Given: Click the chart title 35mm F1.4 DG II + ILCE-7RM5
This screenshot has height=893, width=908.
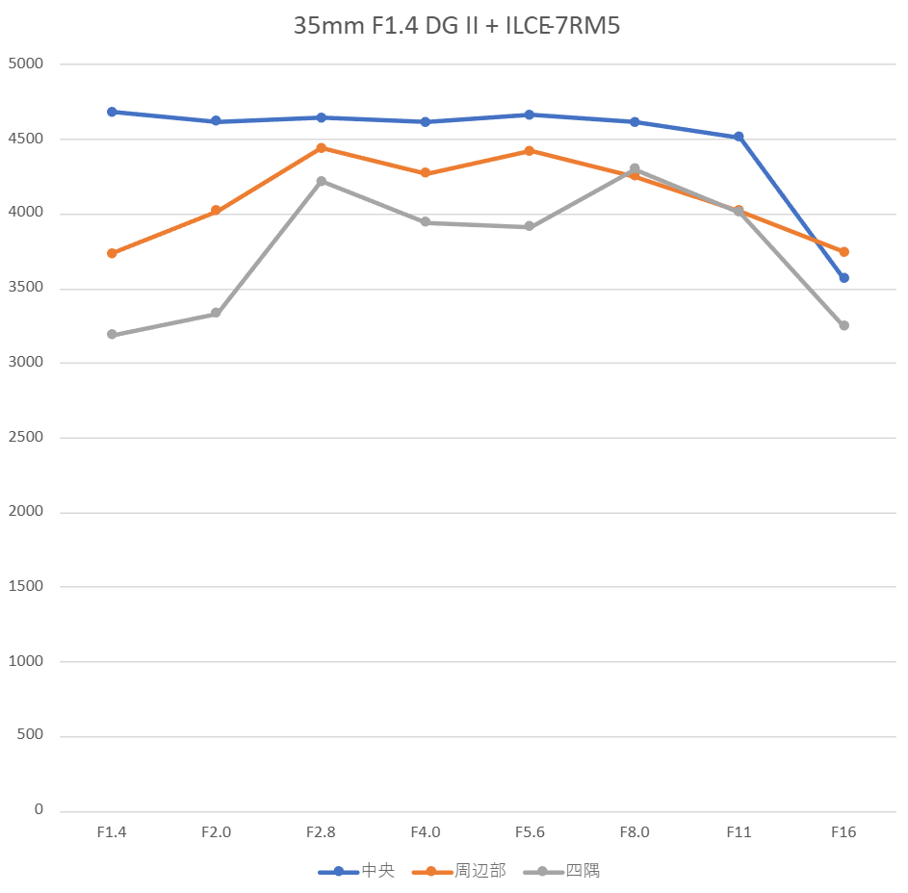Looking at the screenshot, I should [456, 26].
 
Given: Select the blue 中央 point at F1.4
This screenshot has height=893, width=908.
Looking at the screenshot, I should [112, 112].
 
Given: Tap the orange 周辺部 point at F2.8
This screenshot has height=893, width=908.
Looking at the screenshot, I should [321, 148].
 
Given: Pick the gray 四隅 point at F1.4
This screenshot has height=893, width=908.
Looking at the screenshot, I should [112, 335].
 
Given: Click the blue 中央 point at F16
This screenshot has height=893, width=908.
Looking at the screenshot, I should [843, 278].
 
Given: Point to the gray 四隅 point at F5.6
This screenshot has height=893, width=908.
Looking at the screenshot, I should [530, 227].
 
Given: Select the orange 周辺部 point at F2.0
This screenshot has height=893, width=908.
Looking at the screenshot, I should [216, 211].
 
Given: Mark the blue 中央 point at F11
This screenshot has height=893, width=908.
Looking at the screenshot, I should [739, 137].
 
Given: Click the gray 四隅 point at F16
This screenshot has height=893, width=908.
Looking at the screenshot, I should [843, 325].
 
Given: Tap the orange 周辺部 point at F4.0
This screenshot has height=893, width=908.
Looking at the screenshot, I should [426, 173].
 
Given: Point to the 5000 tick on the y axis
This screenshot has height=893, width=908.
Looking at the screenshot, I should [26, 64].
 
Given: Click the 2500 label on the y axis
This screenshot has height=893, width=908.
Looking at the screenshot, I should [26, 438].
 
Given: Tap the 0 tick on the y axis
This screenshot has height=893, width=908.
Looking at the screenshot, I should [39, 810].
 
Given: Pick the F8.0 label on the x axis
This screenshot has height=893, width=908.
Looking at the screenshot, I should [634, 832].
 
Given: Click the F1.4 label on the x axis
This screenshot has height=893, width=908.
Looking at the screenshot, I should [112, 832].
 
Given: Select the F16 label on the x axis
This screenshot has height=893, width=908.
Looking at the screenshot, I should [843, 832].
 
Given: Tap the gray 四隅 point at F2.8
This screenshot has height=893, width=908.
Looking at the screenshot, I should [321, 181].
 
